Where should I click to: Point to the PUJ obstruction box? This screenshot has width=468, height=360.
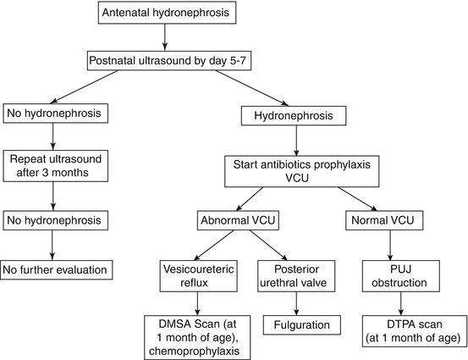click(400, 274)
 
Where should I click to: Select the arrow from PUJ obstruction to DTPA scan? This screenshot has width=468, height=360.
click(400, 302)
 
